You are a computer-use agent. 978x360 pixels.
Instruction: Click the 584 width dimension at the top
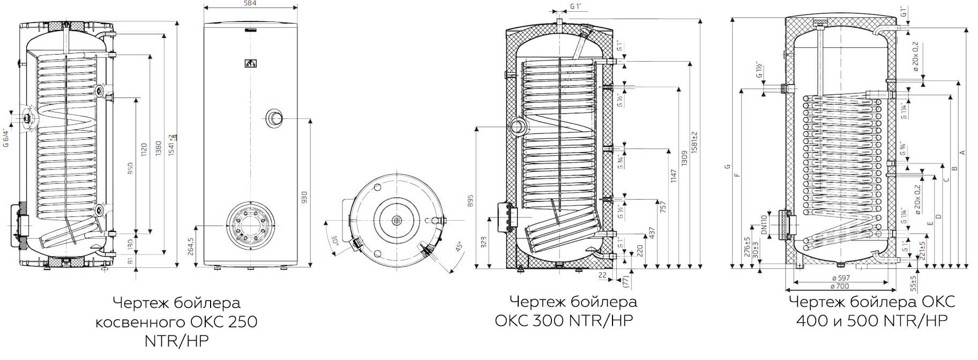tap(250, 4)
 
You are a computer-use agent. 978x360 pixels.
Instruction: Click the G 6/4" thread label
tap(6, 137)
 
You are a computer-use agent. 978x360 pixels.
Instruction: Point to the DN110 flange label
tap(764, 224)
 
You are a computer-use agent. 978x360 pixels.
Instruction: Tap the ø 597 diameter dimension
tap(840, 278)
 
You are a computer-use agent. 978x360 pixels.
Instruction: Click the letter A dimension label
tap(962, 153)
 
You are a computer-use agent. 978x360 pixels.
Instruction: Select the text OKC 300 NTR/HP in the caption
tap(564, 320)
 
